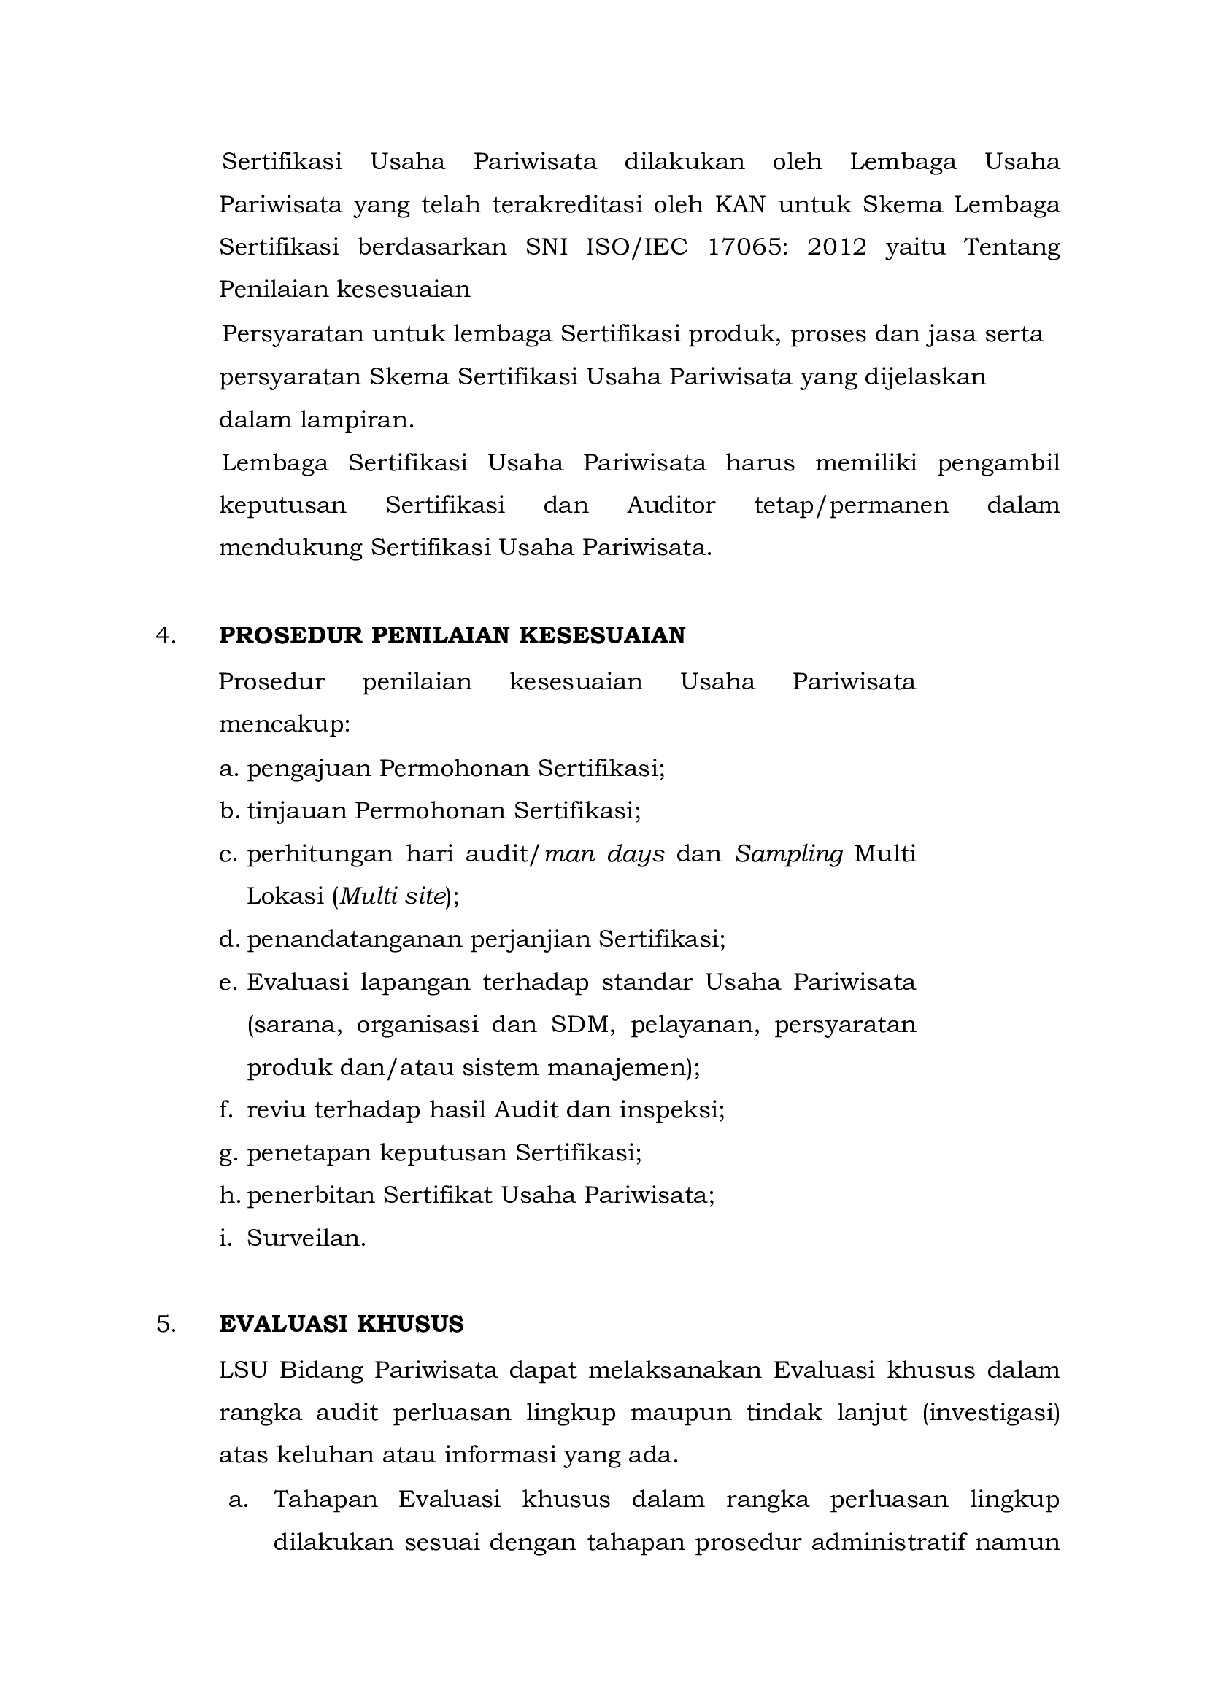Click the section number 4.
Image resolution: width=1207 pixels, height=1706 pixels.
click(x=166, y=636)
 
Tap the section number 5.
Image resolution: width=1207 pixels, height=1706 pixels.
click(x=166, y=1324)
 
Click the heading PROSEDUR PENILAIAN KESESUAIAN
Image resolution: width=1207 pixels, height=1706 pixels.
click(x=452, y=636)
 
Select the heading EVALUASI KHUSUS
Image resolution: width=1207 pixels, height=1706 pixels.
click(x=341, y=1324)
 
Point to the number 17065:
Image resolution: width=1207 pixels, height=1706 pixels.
click(x=746, y=247)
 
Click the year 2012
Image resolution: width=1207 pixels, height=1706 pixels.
click(x=837, y=247)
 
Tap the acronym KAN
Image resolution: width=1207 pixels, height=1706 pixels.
click(x=740, y=204)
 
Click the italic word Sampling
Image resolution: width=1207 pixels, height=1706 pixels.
click(x=790, y=855)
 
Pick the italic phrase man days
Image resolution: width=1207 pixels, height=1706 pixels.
click(x=605, y=855)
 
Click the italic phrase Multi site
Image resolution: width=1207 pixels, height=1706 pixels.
click(x=393, y=898)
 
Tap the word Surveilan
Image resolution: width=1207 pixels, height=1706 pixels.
click(x=306, y=1238)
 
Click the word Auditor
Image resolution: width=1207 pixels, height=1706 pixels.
click(x=671, y=505)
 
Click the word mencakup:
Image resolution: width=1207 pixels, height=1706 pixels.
click(x=285, y=724)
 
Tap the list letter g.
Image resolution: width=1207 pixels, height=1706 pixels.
click(x=228, y=1153)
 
